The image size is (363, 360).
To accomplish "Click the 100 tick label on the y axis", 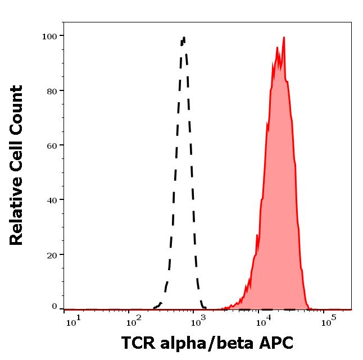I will pos(49,36).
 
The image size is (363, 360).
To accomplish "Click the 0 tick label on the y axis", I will pos(55,307).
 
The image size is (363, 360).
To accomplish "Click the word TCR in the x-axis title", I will pos(138,343).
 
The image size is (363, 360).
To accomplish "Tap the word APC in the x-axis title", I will pos(274,343).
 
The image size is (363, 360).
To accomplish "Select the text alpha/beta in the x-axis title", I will pos(206,343).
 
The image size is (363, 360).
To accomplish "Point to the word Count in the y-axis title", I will pos(17,110).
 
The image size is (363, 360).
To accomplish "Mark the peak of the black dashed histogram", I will pos(184,38).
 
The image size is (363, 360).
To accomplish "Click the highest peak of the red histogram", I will pos(284,38).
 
